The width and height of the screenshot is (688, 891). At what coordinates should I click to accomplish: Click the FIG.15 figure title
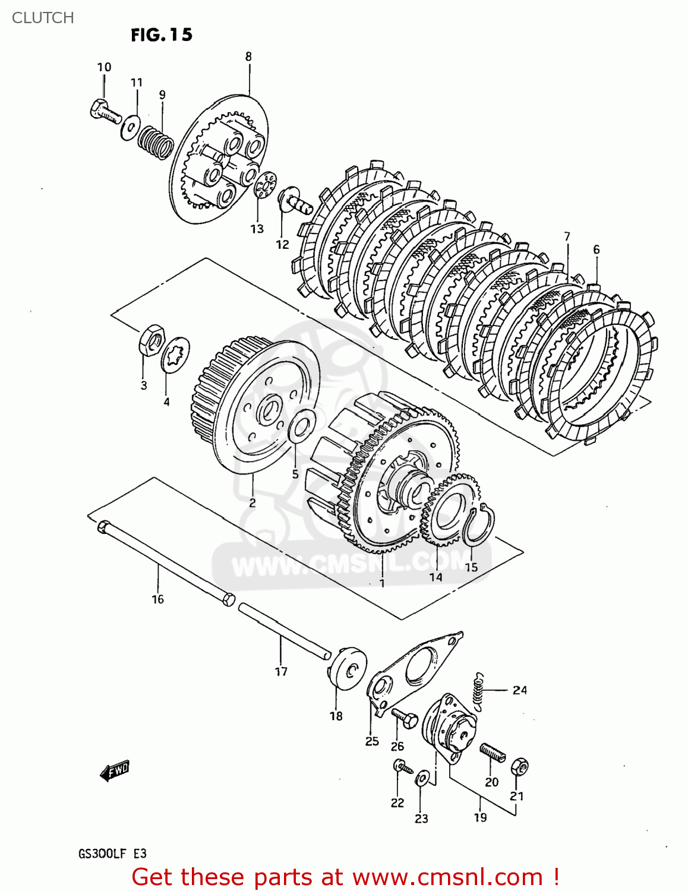(162, 35)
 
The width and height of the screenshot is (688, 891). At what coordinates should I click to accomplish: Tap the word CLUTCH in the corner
(43, 18)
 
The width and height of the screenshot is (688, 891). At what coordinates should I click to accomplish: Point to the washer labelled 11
(130, 128)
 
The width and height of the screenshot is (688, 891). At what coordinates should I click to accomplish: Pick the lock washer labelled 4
(175, 355)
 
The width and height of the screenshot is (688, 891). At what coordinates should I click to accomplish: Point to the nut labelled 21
(520, 767)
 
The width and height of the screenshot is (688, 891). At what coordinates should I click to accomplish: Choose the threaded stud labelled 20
(493, 753)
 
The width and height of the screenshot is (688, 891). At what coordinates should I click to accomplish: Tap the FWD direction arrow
(115, 770)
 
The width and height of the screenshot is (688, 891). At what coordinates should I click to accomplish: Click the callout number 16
(157, 599)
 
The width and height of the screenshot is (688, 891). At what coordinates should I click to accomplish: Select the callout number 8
(248, 57)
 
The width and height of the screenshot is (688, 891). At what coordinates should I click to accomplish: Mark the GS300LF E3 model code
(112, 854)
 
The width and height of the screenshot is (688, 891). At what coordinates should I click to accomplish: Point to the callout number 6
(597, 249)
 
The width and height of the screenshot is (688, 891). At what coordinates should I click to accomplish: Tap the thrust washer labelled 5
(302, 426)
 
